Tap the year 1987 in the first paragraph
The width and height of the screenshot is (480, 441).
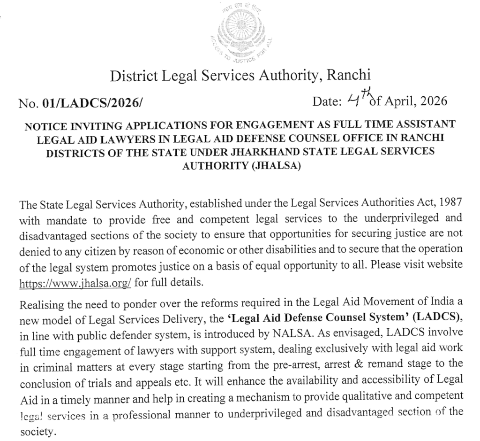pos(450,205)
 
